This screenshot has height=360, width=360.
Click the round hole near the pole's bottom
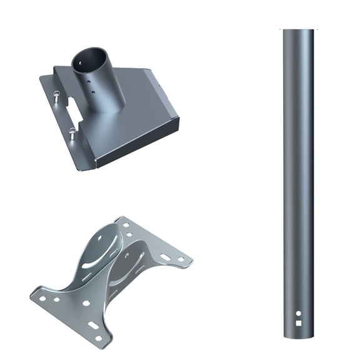pos(298,313)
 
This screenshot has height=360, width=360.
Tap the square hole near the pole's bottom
pos(298,323)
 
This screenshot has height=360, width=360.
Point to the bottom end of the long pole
pos(298,337)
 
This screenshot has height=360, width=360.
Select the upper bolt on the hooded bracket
pos(56,96)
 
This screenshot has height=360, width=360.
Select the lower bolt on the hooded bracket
pos(72,132)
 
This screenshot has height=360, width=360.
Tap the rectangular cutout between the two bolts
pos(74,113)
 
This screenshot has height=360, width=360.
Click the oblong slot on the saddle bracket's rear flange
pos(164,256)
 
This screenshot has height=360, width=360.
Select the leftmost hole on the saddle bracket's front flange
pos(43,297)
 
